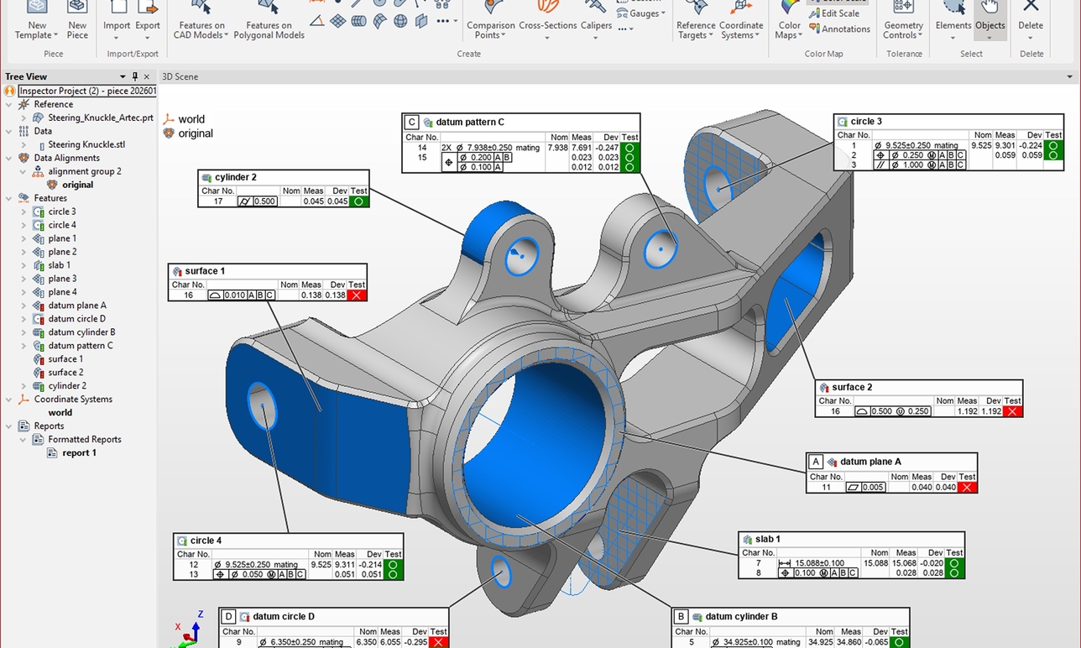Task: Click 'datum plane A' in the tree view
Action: (x=76, y=306)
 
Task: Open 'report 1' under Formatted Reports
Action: (x=79, y=452)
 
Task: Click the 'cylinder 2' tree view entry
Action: (x=68, y=386)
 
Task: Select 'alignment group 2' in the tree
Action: (x=84, y=171)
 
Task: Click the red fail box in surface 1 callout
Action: (x=357, y=295)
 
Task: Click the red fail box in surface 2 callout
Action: (x=1013, y=411)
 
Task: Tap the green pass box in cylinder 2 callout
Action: (x=358, y=201)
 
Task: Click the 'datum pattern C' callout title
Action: (x=470, y=123)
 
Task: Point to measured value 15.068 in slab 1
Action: (x=905, y=563)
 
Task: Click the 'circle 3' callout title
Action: (x=866, y=122)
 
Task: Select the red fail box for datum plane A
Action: (x=967, y=488)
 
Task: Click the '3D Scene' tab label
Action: (x=180, y=76)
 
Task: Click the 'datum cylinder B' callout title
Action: (x=741, y=616)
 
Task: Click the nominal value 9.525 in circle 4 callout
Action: (x=321, y=565)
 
